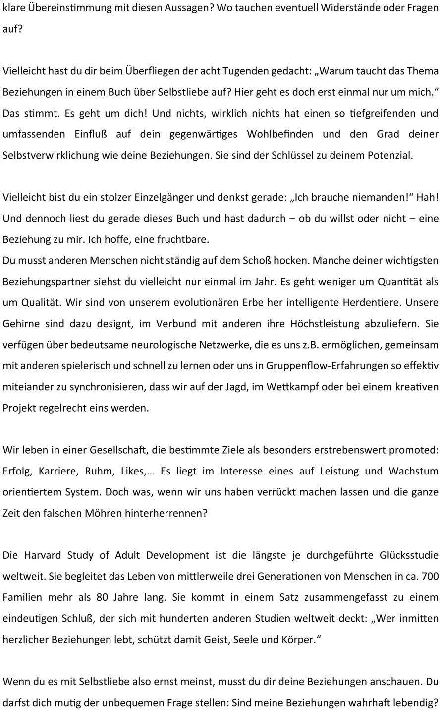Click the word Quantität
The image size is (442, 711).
point(386,282)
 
